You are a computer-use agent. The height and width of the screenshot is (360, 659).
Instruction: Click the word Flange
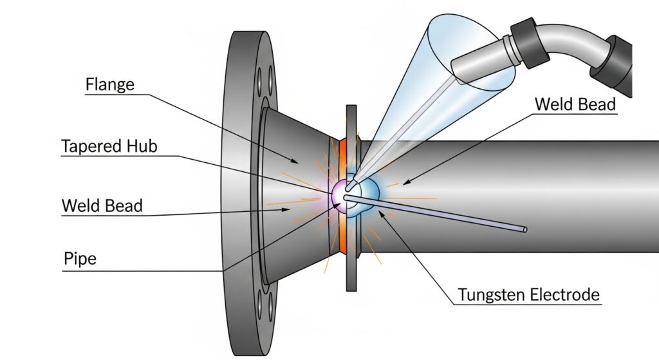(x=109, y=84)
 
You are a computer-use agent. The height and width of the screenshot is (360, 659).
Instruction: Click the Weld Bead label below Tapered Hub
(x=102, y=206)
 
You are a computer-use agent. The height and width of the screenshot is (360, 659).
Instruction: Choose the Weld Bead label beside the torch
(x=575, y=104)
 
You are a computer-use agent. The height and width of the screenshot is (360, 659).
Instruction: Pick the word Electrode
(x=566, y=295)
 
